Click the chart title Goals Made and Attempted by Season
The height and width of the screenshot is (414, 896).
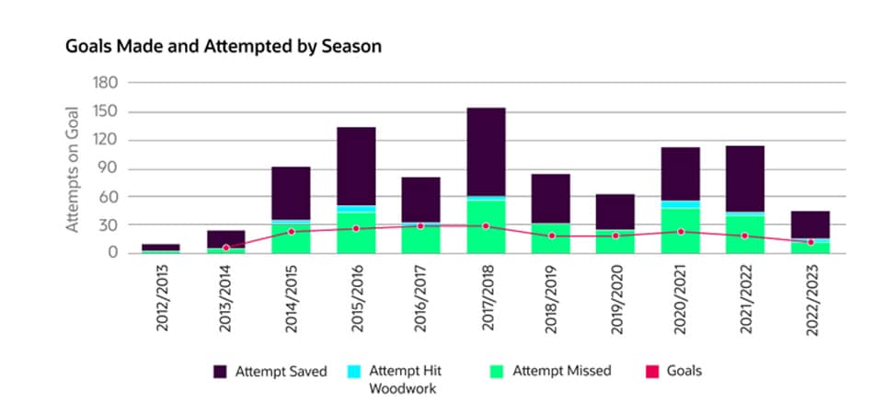224,45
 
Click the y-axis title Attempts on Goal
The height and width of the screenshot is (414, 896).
73,167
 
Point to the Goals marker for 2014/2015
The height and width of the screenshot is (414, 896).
292,231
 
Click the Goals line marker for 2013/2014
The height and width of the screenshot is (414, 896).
226,247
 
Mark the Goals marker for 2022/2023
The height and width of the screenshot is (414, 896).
810,242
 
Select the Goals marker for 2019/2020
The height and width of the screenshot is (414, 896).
615,236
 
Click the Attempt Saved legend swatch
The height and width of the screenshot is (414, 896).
220,372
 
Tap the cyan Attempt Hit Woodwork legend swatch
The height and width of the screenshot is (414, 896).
353,372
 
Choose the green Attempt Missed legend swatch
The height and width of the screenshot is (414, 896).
497,372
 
